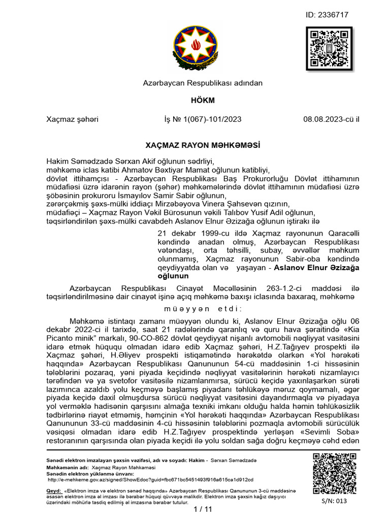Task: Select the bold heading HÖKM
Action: click(194, 101)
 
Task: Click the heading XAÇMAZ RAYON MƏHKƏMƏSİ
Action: click(194, 145)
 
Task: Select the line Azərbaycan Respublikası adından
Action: click(194, 82)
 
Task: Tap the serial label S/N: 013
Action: click(333, 501)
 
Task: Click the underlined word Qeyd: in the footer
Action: click(54, 491)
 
